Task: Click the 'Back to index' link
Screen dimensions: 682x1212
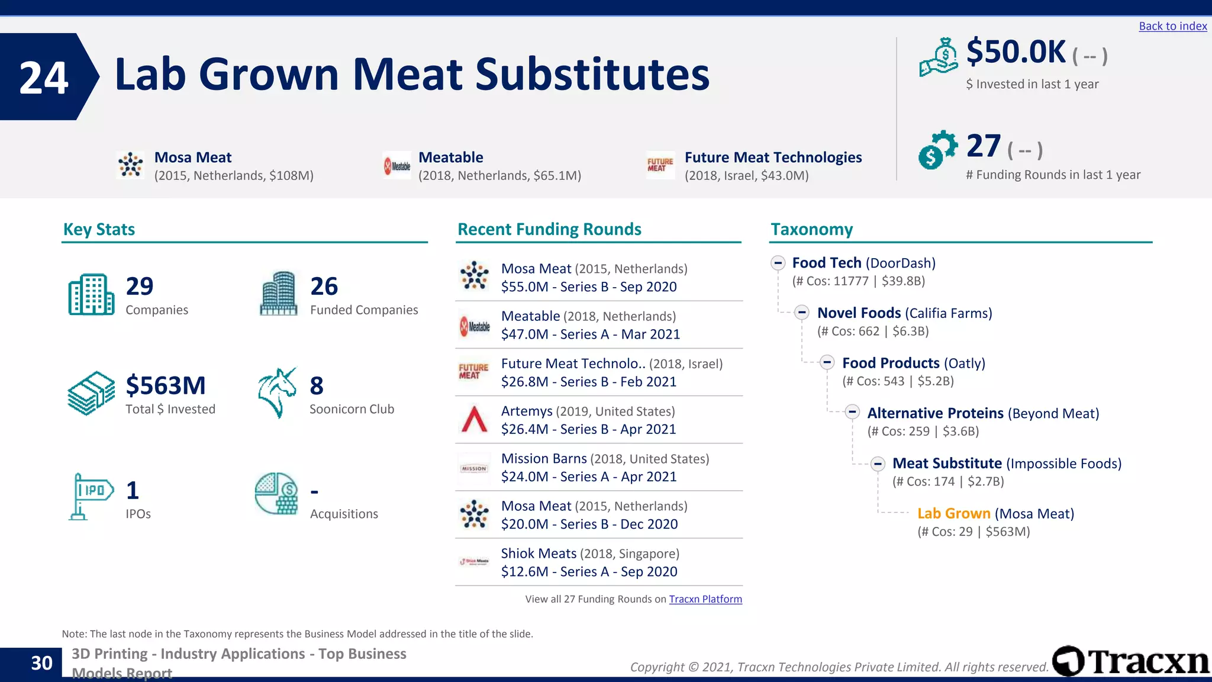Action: (x=1172, y=26)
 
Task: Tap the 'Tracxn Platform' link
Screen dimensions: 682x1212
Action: (x=705, y=599)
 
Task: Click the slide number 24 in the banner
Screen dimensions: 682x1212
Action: (x=44, y=78)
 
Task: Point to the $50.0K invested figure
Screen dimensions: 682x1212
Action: (x=1016, y=52)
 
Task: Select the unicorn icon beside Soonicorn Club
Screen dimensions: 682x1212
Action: (x=277, y=393)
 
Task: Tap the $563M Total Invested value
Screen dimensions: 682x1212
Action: (x=166, y=385)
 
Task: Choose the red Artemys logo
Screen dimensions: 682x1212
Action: (x=474, y=420)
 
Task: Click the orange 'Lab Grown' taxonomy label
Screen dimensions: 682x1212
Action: (x=953, y=513)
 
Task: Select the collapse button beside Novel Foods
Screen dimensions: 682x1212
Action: (x=802, y=313)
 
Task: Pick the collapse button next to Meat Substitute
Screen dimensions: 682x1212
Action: (x=878, y=464)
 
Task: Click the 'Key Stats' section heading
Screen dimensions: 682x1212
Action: (x=99, y=229)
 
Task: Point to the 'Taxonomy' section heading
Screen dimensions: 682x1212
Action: (x=811, y=229)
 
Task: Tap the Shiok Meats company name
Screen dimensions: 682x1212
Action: (x=539, y=554)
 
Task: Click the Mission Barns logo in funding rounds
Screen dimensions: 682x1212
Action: (x=474, y=468)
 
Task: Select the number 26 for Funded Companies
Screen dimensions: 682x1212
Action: (x=324, y=287)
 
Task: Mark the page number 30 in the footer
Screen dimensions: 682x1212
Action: (x=41, y=663)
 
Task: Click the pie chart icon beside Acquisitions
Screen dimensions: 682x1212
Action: (x=276, y=494)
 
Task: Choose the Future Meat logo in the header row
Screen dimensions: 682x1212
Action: (x=660, y=165)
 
